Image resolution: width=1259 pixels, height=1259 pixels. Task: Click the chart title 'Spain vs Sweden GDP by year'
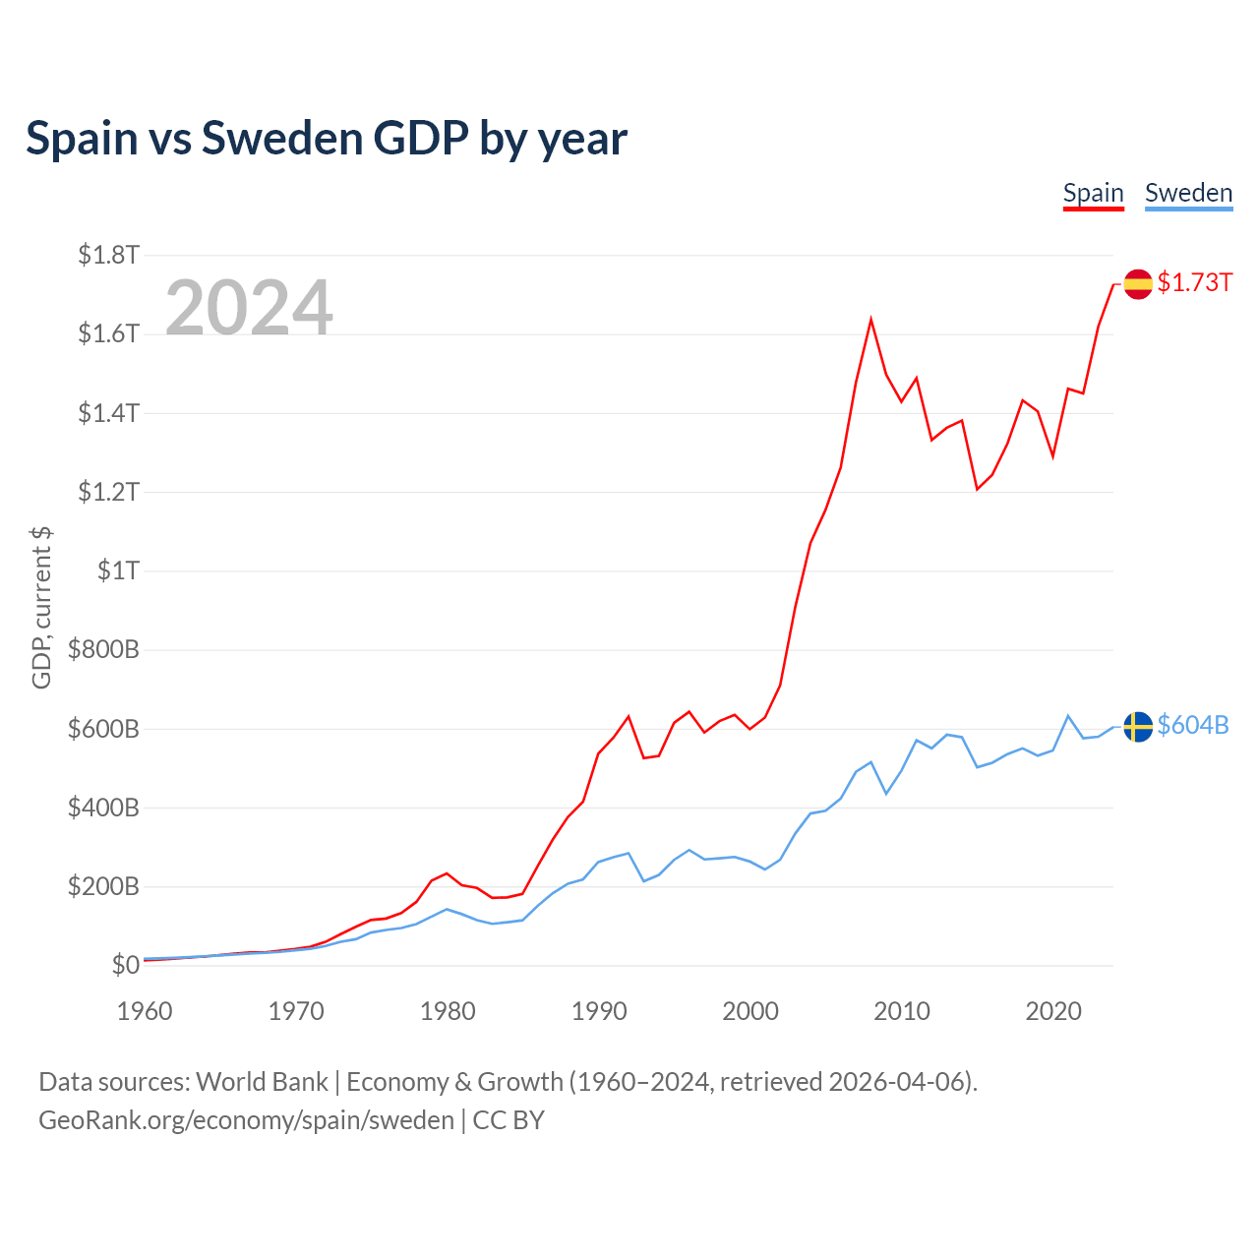(326, 139)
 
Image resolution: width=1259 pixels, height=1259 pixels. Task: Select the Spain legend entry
(1093, 193)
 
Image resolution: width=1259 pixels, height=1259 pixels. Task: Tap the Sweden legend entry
(1188, 193)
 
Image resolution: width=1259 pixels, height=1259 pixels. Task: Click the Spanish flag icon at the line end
(1138, 283)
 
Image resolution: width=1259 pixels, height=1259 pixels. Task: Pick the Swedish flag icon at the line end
(1138, 726)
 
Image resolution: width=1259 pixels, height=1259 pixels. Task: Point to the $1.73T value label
(1194, 283)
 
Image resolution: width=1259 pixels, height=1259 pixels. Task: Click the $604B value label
(1193, 726)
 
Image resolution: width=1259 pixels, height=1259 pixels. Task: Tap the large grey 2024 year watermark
(249, 308)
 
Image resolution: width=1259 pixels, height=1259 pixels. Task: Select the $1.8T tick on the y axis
(108, 256)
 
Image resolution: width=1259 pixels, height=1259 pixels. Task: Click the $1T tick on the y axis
(118, 570)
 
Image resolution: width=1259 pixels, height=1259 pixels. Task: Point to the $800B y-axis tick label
(103, 650)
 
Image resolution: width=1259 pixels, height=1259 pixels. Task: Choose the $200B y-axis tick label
(103, 887)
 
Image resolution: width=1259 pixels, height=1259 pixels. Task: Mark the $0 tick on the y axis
(125, 966)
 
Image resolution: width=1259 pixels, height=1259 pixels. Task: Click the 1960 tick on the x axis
(145, 1011)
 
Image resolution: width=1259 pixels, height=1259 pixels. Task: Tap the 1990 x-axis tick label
(599, 1011)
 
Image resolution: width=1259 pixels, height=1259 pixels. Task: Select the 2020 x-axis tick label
(1053, 1011)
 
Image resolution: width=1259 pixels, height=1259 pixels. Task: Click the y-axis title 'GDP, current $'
(41, 608)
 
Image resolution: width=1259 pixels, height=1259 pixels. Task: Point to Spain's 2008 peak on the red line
(870, 320)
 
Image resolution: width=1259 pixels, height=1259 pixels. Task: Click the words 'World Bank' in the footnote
(262, 1082)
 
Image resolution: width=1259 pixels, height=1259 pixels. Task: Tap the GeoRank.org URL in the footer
(246, 1120)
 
